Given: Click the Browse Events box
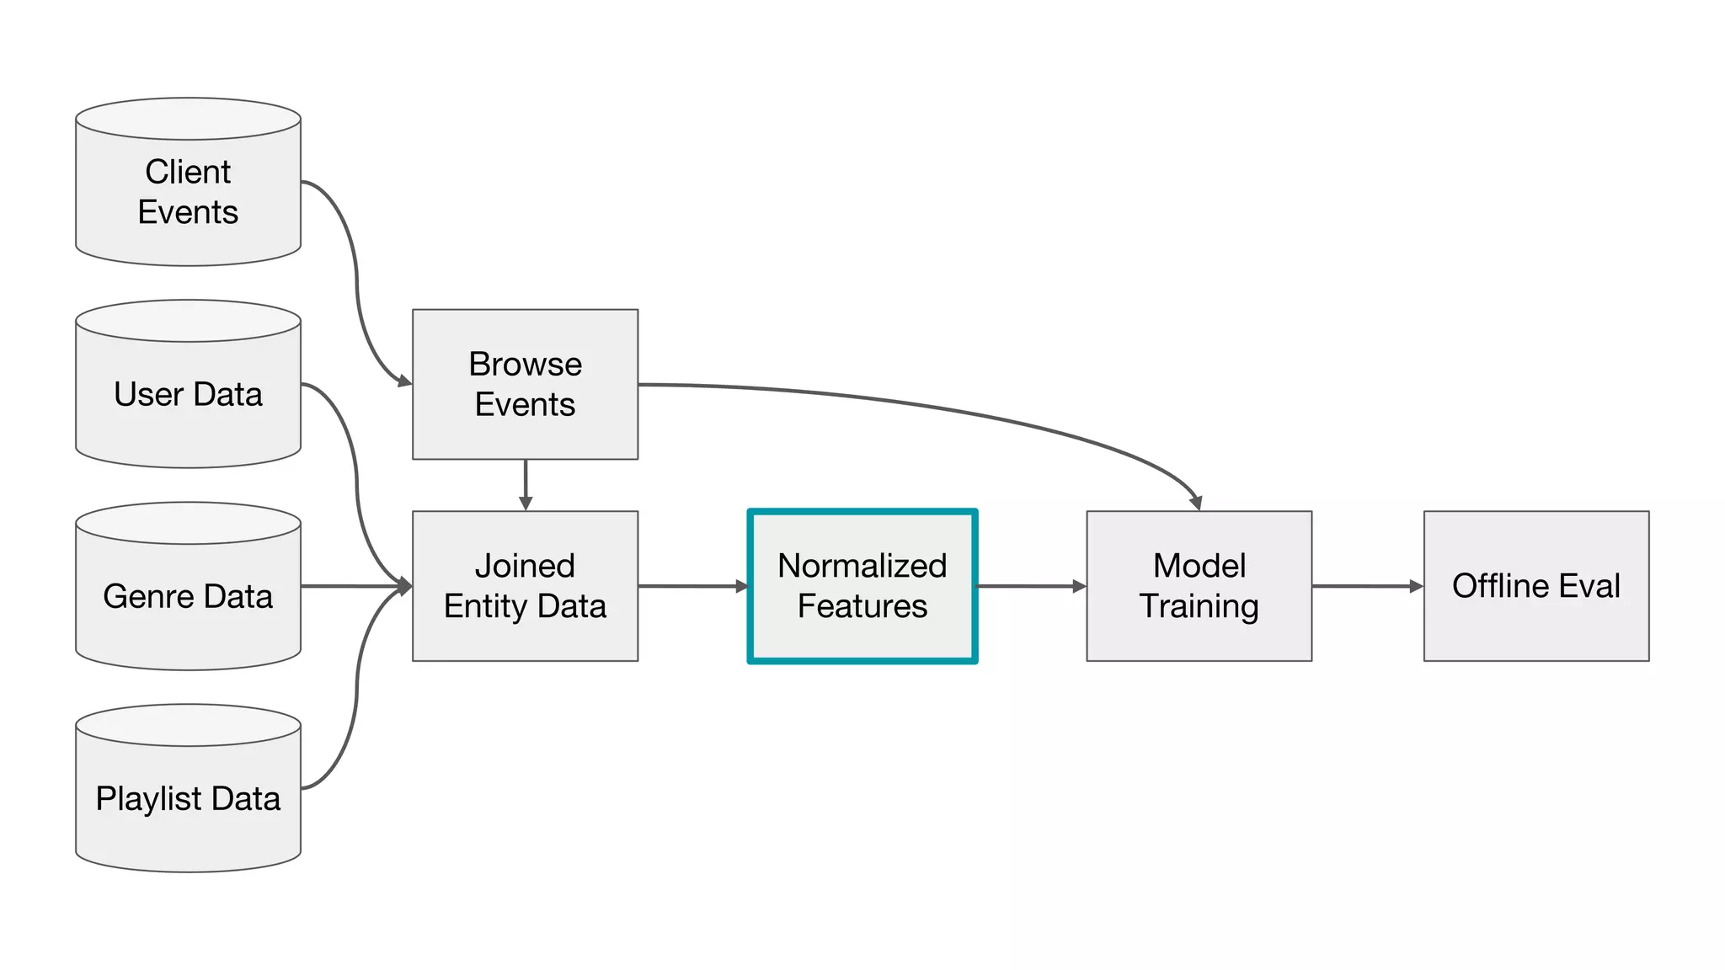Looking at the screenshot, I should pos(525,384).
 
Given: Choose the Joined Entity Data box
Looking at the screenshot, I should pos(525,586).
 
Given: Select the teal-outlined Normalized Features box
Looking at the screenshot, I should pos(862,586).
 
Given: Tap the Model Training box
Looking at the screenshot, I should pos(1199,586).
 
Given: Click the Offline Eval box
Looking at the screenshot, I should pos(1536,586).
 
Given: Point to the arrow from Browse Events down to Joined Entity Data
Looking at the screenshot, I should pos(526,484).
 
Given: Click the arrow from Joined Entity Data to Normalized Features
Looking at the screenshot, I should pos(692,586).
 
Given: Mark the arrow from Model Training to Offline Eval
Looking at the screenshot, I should pos(1367,586).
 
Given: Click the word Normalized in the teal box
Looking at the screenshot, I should pos(862,566).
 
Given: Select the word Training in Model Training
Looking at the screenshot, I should pos(1199,606).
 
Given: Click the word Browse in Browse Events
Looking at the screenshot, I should pos(525,364).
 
